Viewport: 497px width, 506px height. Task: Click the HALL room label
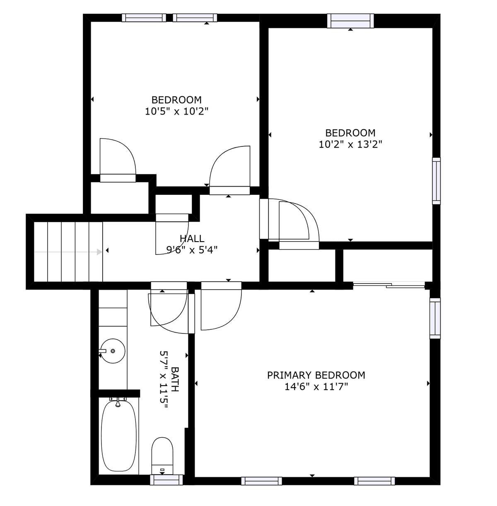[192, 238]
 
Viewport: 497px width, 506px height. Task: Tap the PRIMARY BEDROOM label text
[316, 375]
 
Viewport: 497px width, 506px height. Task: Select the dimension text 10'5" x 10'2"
[176, 111]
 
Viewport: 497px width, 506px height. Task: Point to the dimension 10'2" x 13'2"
[350, 144]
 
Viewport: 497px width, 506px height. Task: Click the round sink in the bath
[113, 351]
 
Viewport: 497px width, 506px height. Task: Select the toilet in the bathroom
[162, 456]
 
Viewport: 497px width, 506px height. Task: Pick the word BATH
[175, 379]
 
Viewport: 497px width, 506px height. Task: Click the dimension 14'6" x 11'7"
[316, 387]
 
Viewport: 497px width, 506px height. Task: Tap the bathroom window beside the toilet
[166, 480]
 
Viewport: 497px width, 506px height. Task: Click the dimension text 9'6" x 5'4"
[192, 250]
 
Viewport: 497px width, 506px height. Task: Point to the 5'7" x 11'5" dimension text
[164, 380]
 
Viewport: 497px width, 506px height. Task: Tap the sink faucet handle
[102, 350]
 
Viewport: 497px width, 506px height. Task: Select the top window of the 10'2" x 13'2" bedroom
[350, 21]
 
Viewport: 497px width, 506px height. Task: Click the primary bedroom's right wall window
[435, 318]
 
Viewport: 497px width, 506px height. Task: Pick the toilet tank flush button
[162, 470]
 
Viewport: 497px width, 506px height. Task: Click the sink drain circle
[113, 351]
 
